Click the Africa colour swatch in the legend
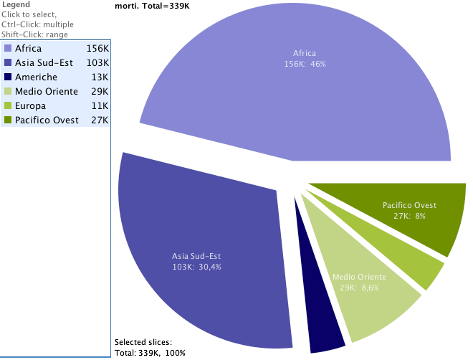click(8, 49)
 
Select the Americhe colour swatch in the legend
click(8, 77)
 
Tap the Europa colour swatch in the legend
click(8, 106)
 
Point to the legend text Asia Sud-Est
click(44, 63)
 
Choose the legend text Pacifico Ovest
click(47, 120)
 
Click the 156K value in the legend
click(97, 49)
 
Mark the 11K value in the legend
click(100, 106)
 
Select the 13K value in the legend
click(100, 77)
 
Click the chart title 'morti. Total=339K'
click(156, 6)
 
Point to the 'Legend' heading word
click(16, 4)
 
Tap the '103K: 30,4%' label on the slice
click(196, 267)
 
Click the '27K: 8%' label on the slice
click(409, 216)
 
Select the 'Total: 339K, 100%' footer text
click(150, 353)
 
